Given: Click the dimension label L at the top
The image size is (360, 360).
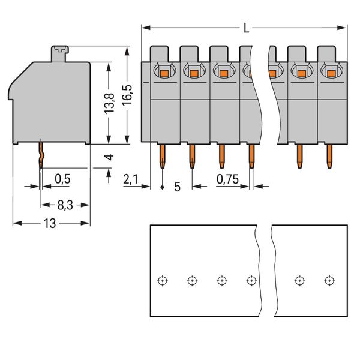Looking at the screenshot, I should [x=247, y=27].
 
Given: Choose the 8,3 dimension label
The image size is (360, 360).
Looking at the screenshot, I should [x=65, y=205].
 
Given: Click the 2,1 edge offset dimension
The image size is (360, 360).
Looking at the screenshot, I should [x=131, y=178].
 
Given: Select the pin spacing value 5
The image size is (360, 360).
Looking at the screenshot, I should [x=177, y=187].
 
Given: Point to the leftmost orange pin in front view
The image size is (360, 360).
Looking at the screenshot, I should [x=162, y=157].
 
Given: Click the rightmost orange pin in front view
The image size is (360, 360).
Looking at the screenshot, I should [x=329, y=157].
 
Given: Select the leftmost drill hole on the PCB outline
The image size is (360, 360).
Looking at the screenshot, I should [x=162, y=280].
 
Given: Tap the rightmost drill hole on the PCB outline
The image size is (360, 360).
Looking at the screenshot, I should [x=328, y=280].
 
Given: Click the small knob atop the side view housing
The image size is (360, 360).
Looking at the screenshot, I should [x=60, y=52].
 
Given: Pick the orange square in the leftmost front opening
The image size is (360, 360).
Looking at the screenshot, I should [x=164, y=73].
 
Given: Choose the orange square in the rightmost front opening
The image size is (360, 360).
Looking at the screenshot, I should [x=331, y=73].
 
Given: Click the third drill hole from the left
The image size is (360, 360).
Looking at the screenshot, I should [x=221, y=280].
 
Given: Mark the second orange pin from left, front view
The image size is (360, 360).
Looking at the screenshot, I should [x=192, y=157].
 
